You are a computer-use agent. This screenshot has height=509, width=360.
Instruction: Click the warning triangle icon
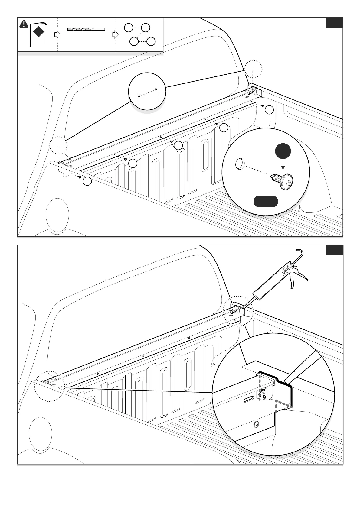coord(24,24)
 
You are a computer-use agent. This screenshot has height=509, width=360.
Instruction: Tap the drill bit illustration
coord(86,29)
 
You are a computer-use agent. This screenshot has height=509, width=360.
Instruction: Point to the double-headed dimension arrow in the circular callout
coord(148,92)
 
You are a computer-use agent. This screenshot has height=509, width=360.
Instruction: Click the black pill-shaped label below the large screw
coord(266,201)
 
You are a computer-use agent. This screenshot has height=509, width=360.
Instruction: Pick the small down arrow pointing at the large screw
coord(283,166)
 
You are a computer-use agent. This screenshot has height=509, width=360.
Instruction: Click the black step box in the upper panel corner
coord(334,23)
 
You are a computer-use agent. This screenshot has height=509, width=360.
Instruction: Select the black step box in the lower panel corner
coord(334,250)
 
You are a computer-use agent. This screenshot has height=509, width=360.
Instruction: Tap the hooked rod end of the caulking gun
coord(299,251)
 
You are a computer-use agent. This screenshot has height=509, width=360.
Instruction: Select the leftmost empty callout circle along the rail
coord(87,181)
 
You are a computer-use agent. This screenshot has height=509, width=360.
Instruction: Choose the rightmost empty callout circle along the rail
coord(269,110)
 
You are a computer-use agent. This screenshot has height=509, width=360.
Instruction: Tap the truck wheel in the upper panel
coord(57,215)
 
